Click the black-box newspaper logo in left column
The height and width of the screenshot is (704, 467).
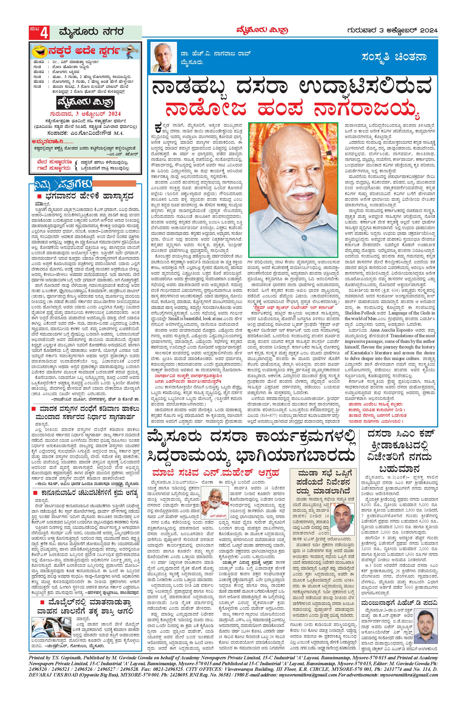86,103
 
